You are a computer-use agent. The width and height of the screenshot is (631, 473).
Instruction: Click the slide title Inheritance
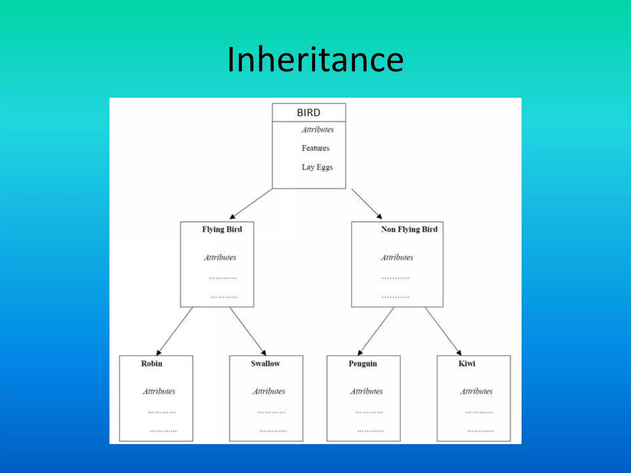pos(315,59)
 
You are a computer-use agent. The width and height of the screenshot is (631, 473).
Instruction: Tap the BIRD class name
pos(308,113)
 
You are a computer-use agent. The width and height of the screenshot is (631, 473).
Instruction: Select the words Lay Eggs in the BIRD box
pos(317,167)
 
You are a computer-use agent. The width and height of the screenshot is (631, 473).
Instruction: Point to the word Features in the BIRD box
pos(315,148)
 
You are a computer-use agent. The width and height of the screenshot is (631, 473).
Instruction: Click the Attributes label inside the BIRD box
pos(318,130)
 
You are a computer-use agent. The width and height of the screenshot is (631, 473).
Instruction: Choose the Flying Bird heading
pos(222,229)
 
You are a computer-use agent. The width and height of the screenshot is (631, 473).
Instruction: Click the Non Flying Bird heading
pos(409,229)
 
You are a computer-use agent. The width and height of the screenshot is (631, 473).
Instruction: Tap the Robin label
pos(152,364)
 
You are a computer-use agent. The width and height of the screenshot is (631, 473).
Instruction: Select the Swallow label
pos(265,364)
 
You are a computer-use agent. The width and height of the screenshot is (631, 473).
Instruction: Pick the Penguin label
pos(363,364)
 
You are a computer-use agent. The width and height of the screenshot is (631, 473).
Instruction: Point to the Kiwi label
pos(467,364)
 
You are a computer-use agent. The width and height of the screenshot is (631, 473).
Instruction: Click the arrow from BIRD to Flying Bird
pos(251,204)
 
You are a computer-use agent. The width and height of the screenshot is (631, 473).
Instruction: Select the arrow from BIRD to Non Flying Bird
pos(367,204)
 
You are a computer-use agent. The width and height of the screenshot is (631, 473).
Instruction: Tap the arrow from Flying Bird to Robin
pos(175,331)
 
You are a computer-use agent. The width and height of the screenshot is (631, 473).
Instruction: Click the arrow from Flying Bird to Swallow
pos(247,331)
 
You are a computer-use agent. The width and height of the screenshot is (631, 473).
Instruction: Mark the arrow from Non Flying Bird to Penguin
pos(376,331)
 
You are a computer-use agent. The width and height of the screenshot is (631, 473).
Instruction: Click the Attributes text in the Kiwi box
pos(476,391)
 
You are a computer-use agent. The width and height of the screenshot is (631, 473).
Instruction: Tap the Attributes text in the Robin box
pos(159,391)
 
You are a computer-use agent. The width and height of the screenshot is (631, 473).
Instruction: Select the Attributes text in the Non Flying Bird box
pos(397,257)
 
